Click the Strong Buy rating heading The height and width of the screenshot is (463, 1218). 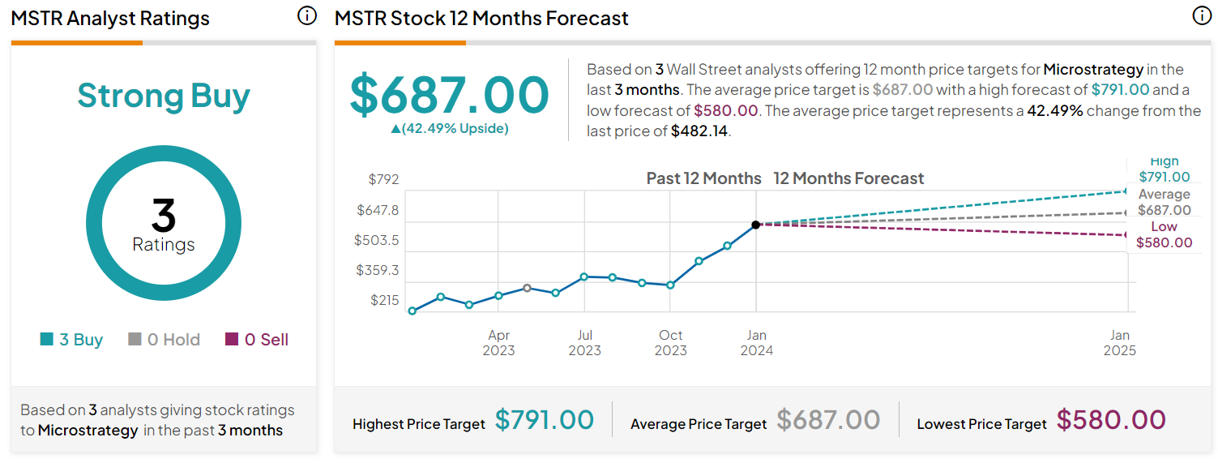163,96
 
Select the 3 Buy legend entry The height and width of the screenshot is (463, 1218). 72,340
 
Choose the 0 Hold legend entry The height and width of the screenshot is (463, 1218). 165,340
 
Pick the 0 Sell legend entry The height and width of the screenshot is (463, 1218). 257,340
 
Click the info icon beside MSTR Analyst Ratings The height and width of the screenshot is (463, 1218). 306,16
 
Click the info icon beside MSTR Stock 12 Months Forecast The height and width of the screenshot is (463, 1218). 1202,16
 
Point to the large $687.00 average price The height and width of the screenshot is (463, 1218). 449,94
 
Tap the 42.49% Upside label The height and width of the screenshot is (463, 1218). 449,128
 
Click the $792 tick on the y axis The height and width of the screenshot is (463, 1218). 383,179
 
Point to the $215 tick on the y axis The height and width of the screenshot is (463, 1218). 385,300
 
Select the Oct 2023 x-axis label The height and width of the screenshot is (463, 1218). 670,343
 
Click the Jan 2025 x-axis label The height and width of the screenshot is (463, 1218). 1119,343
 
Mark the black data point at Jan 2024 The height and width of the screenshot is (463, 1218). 755,225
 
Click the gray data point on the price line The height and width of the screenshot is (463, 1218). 527,288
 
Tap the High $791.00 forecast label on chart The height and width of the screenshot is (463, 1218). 1164,169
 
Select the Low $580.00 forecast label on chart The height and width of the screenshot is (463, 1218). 1164,234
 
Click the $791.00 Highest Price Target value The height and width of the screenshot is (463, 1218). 544,420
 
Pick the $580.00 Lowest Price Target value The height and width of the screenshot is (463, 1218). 1110,420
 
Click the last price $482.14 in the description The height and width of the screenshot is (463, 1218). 699,131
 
